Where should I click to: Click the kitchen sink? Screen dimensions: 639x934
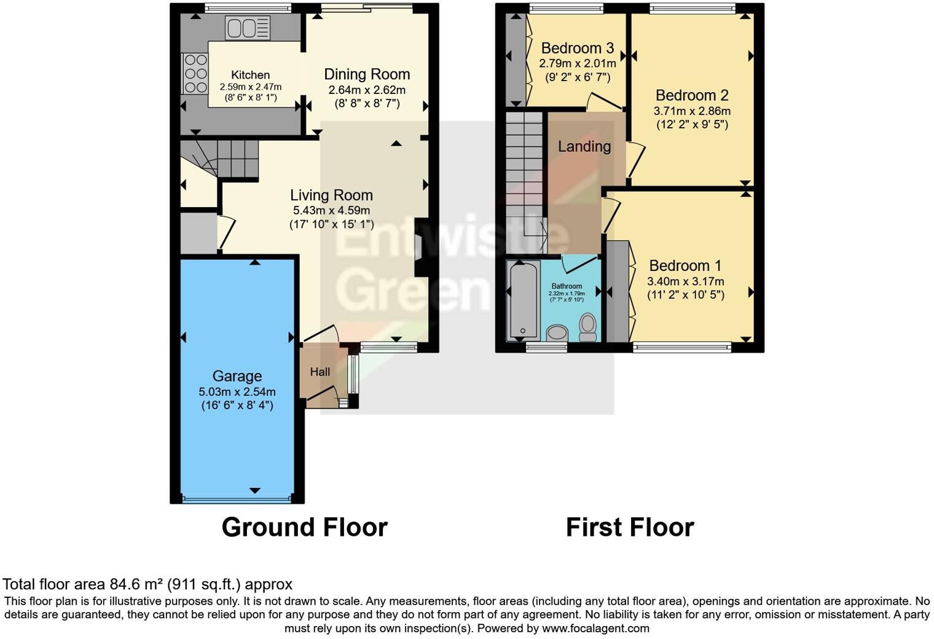tap(248, 28)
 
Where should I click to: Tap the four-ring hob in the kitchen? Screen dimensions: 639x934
tap(195, 74)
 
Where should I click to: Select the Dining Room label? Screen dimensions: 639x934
tap(367, 74)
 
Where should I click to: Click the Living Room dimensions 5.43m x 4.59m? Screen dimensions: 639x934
tap(331, 211)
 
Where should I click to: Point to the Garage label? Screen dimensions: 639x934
tap(237, 376)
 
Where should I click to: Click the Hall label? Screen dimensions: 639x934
tap(320, 372)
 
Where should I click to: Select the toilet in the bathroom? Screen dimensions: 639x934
tap(588, 327)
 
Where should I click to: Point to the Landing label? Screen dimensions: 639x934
tap(584, 146)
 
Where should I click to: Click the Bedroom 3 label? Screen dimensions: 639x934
tap(577, 48)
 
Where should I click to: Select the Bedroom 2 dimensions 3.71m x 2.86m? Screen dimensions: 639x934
tap(692, 111)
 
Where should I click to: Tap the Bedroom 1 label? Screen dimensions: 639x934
tap(685, 265)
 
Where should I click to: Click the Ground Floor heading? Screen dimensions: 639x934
tap(304, 527)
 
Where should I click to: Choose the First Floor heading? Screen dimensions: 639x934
tap(629, 527)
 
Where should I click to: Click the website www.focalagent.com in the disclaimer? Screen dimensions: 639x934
tap(595, 629)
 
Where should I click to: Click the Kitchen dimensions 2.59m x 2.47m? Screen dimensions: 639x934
tap(250, 87)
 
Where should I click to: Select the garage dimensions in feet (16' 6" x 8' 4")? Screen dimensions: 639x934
tap(237, 406)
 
